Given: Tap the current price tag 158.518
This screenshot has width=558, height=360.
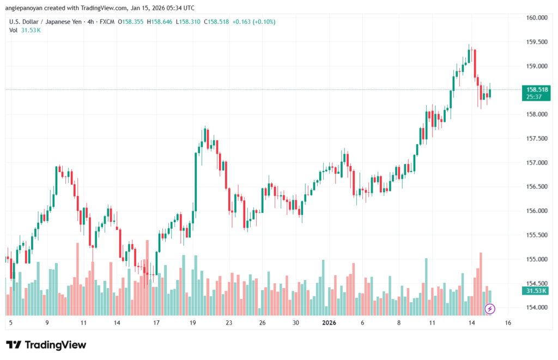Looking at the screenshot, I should point(535,89).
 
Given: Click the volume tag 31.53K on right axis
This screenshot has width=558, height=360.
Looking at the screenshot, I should point(535,291).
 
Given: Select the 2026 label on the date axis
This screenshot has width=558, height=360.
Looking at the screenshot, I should point(329,322).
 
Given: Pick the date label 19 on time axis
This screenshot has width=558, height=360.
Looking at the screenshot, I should point(193,322).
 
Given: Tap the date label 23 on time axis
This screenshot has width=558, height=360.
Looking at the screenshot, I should point(229,322).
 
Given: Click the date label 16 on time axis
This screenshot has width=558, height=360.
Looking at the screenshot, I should point(508,322).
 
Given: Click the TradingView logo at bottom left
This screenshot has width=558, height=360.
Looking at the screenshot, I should point(46,345).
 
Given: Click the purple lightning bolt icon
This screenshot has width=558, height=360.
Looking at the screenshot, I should point(490,309).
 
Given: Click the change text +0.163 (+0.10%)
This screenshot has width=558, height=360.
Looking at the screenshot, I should point(254,22).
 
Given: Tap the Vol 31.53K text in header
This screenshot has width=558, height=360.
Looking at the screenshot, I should point(25,30).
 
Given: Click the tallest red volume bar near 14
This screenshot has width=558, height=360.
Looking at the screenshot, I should point(481,283).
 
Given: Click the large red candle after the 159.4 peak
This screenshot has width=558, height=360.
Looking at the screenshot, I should point(475,63).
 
